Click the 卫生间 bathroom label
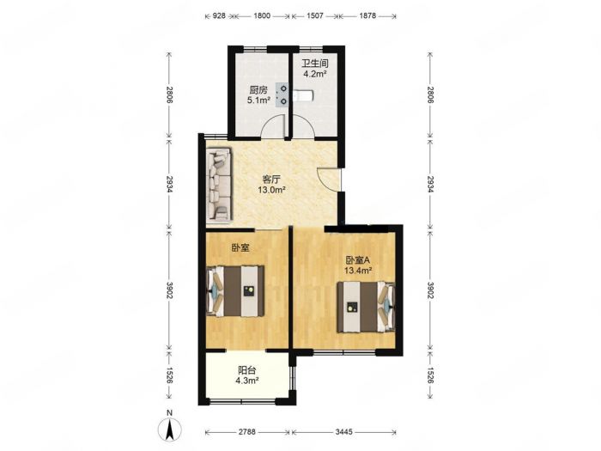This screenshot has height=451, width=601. tap(315, 64)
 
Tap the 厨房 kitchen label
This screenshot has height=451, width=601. tap(258, 90)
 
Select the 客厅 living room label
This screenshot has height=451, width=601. tap(272, 179)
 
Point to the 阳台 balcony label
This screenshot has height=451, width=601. tap(247, 370)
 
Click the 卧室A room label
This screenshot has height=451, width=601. tap(358, 260)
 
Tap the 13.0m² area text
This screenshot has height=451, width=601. tap(271, 190)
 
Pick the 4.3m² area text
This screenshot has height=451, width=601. tap(247, 381)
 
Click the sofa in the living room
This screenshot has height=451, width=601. tap(219, 185)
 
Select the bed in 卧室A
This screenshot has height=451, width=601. tap(366, 307)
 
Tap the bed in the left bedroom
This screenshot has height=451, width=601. tap(235, 291)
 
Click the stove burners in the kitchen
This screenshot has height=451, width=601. tap(283, 95)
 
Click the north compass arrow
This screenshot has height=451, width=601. tap(169, 429)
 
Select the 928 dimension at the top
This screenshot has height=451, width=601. tap(219, 16)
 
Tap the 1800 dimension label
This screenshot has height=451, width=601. tap(262, 16)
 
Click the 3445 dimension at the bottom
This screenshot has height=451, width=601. tap(343, 432)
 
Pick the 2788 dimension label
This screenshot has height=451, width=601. tap(247, 432)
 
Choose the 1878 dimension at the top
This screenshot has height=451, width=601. tap(367, 16)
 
